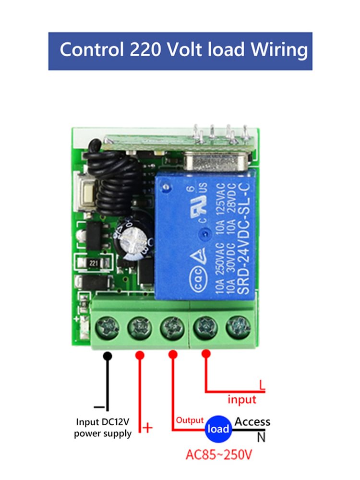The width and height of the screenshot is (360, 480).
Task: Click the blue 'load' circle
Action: coord(218,428)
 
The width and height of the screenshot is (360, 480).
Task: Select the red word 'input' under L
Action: coord(241,399)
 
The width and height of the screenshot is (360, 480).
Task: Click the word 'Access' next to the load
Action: coord(252,422)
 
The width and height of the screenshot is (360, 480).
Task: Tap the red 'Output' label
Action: coord(190,420)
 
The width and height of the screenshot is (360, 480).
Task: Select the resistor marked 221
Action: coord(94,263)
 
